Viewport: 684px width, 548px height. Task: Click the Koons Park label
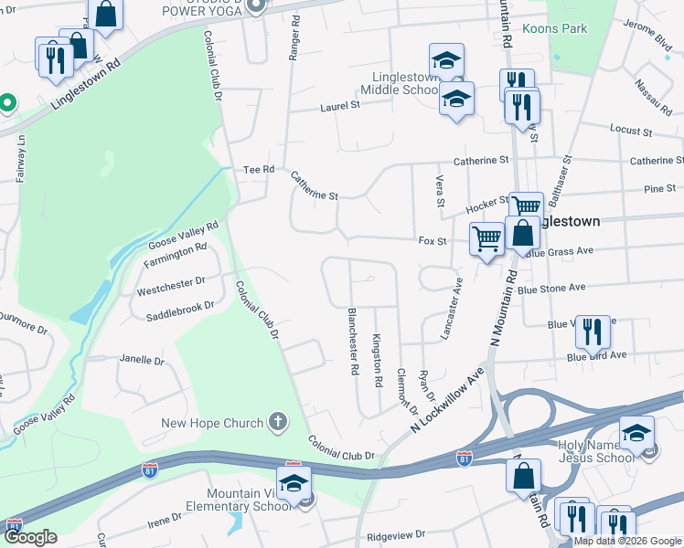pos(554,29)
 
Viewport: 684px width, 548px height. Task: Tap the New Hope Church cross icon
pos(278,423)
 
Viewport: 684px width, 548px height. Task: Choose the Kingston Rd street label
pos(377,359)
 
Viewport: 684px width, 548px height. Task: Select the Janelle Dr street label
pos(142,361)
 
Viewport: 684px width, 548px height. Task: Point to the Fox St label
pos(432,242)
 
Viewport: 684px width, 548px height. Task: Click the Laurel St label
pos(340,106)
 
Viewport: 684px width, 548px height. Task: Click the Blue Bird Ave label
pos(596,355)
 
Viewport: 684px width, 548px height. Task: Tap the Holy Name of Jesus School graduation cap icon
pos(636,433)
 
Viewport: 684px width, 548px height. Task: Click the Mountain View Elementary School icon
pos(294,482)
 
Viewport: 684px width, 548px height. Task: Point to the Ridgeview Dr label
pos(395,534)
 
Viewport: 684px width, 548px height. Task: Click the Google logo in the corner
pos(29,538)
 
